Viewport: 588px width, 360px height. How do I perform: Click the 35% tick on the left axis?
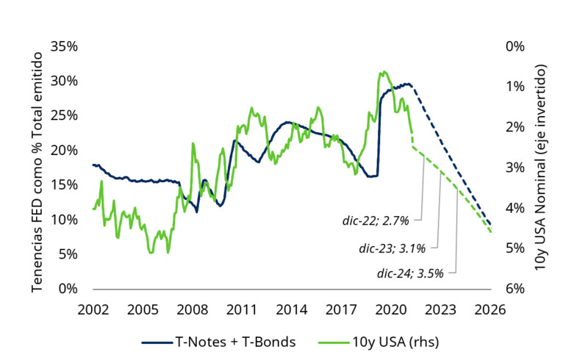(64, 46)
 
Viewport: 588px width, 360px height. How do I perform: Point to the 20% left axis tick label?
(64, 150)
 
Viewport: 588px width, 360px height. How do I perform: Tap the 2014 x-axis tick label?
(293, 309)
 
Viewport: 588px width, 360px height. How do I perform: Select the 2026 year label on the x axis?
(491, 309)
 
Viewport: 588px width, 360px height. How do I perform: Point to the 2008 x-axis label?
(193, 309)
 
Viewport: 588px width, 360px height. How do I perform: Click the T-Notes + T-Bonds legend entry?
(218, 341)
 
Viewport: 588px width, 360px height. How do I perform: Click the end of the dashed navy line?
(490, 225)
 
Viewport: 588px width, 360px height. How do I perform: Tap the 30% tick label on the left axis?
(64, 80)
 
